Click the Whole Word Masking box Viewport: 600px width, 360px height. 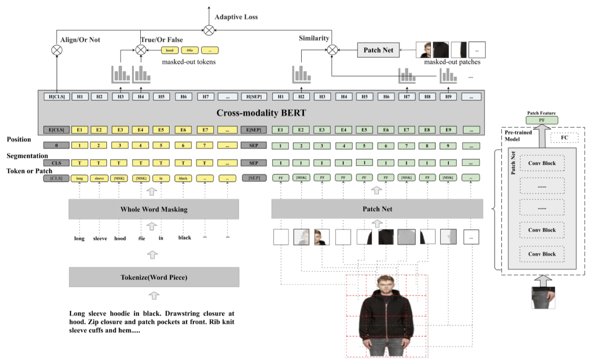pyautogui.click(x=154, y=209)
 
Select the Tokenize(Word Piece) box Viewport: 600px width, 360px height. pyautogui.click(x=154, y=277)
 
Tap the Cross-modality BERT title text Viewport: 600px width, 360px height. pyautogui.click(x=261, y=113)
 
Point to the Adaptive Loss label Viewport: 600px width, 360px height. pyautogui.click(x=236, y=17)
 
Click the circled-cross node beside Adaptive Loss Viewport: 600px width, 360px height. pyautogui.click(x=209, y=30)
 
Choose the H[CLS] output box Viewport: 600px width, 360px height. pyautogui.click(x=57, y=97)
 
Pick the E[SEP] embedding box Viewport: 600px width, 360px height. pyautogui.click(x=254, y=130)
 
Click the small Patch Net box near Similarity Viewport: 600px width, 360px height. pyautogui.click(x=378, y=50)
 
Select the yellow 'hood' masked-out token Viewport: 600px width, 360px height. pyautogui.click(x=170, y=50)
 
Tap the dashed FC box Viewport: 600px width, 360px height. pyautogui.click(x=564, y=138)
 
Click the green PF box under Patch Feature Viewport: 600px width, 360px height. pyautogui.click(x=541, y=120)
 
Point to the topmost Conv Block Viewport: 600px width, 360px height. pyautogui.click(x=542, y=163)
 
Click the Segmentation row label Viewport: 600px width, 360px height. pyautogui.click(x=27, y=156)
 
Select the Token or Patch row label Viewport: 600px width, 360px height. pyautogui.click(x=29, y=171)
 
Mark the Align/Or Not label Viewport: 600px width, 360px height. pyautogui.click(x=80, y=40)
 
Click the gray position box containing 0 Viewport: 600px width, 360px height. pyautogui.click(x=57, y=145)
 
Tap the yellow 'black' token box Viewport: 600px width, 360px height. pyautogui.click(x=183, y=178)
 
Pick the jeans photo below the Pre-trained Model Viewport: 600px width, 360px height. pyautogui.click(x=543, y=298)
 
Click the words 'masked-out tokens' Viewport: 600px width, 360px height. pyautogui.click(x=189, y=62)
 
